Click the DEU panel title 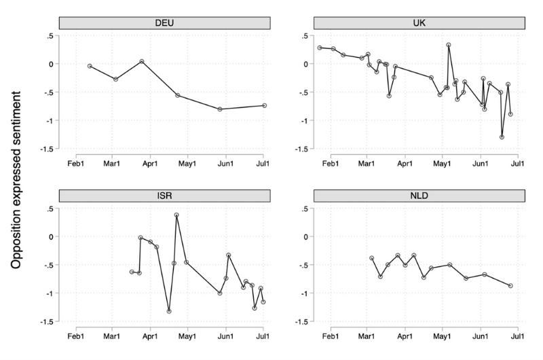click(164, 23)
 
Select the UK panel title click(419, 23)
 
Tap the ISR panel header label click(164, 196)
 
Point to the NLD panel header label click(419, 196)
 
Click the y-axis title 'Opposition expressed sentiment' click(16, 180)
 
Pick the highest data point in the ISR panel click(176, 215)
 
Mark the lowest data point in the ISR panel click(169, 311)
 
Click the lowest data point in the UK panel click(502, 137)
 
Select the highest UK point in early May click(449, 45)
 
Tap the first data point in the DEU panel click(90, 66)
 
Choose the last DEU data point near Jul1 click(265, 105)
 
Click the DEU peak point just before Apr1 click(142, 61)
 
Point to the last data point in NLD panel click(510, 285)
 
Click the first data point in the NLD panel click(372, 258)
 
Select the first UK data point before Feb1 click(320, 48)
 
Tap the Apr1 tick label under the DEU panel click(150, 163)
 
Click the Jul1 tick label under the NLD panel click(517, 336)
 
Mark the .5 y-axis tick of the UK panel click(304, 36)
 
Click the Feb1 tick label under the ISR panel click(75, 336)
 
